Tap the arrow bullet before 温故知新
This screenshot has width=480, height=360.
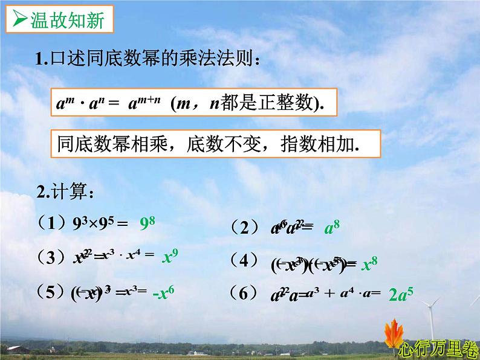(19, 22)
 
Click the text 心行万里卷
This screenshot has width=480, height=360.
(438, 349)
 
